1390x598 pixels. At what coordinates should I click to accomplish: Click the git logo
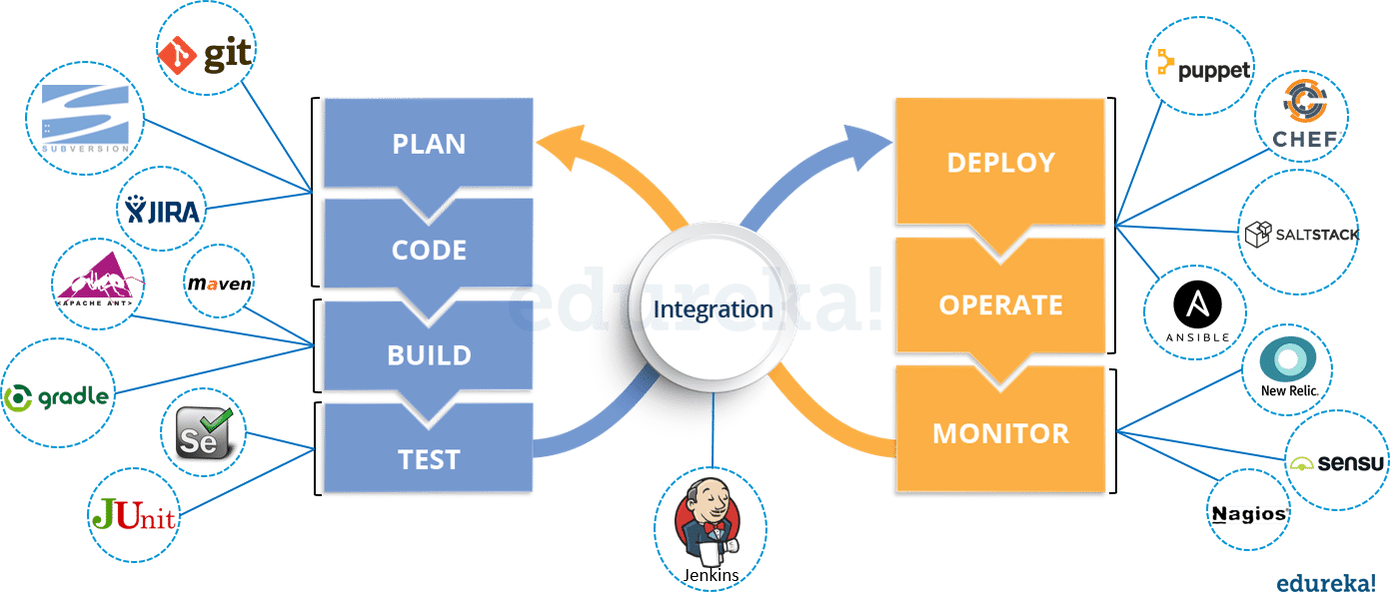pyautogui.click(x=206, y=54)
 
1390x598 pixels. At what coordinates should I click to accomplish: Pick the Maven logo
pyautogui.click(x=220, y=285)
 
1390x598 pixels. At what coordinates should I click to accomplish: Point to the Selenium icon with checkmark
pyautogui.click(x=206, y=435)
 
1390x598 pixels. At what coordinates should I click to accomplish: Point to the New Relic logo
pyautogui.click(x=1288, y=366)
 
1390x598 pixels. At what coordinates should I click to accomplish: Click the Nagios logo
pyautogui.click(x=1249, y=514)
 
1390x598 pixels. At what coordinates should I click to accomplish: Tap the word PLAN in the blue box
pyautogui.click(x=429, y=144)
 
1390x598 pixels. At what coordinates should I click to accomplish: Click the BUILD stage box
pyautogui.click(x=429, y=354)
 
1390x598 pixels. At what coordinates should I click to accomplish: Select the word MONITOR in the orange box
pyautogui.click(x=1000, y=433)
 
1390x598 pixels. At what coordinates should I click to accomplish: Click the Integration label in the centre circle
pyautogui.click(x=712, y=309)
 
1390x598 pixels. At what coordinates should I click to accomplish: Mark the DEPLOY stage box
pyautogui.click(x=1000, y=162)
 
